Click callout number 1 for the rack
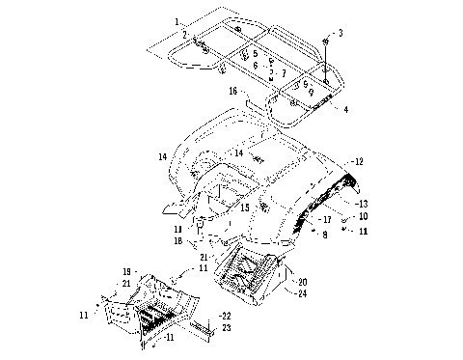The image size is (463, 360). click(x=177, y=20)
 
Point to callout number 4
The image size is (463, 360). click(x=345, y=109)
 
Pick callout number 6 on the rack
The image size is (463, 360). click(x=255, y=64)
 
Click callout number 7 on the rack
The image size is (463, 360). click(x=282, y=72)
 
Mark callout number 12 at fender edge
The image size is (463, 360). click(x=359, y=162)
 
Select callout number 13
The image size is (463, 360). click(x=362, y=204)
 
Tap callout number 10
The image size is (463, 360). click(x=363, y=216)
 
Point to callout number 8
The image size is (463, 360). click(x=325, y=235)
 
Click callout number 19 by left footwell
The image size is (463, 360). click(x=126, y=272)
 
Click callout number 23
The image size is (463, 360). click(x=227, y=328)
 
